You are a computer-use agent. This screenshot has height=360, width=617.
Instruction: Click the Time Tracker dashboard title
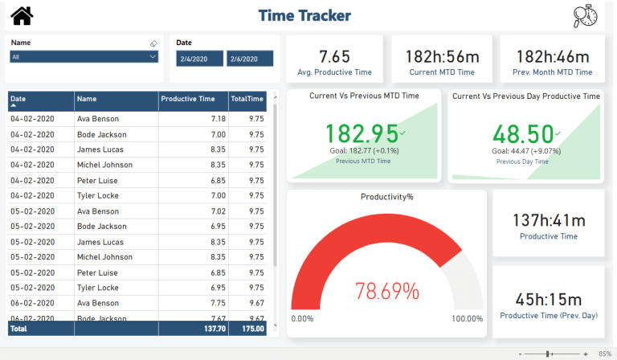click(304, 15)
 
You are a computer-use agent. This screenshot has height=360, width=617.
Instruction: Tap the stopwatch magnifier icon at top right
click(586, 16)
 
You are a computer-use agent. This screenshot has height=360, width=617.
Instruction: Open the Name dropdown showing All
click(84, 57)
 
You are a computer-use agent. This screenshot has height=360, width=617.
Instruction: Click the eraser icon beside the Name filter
click(153, 43)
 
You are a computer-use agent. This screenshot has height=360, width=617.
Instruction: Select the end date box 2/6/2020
click(250, 59)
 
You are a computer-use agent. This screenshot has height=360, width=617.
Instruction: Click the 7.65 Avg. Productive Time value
click(334, 56)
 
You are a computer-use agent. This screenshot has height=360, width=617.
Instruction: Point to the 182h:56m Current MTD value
click(441, 56)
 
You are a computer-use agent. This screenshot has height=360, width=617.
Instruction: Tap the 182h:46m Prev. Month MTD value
click(554, 56)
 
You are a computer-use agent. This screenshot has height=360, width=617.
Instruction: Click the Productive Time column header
click(188, 100)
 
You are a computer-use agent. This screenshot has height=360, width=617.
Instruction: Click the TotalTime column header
click(247, 100)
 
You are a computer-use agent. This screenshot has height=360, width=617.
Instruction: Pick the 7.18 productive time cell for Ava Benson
click(218, 119)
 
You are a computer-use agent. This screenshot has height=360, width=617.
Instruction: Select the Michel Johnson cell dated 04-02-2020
click(104, 165)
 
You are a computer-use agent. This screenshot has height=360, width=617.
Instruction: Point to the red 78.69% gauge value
click(388, 290)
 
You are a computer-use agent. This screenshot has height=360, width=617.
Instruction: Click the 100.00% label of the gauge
click(468, 319)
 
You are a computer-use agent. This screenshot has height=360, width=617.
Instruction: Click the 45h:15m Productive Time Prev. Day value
click(550, 299)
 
